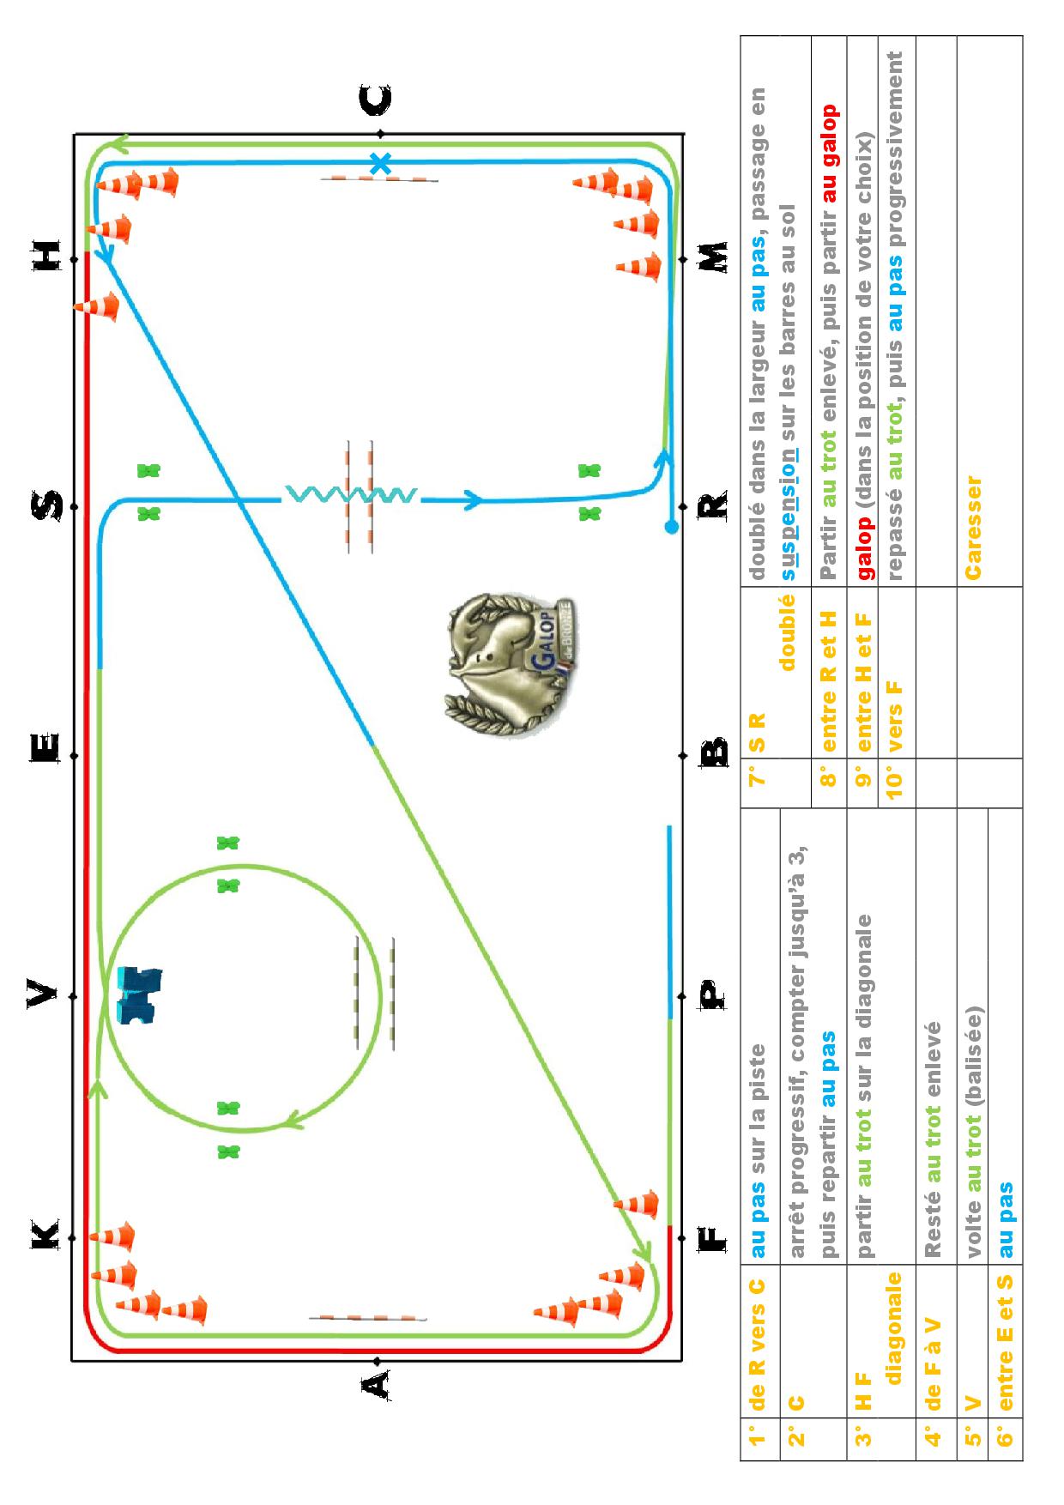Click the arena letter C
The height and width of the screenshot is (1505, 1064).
point(376,100)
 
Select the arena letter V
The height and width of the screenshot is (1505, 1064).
point(43,996)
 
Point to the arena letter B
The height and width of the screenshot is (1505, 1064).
point(714,752)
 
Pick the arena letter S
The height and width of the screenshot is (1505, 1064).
point(45,505)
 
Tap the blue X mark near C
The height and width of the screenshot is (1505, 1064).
point(380,163)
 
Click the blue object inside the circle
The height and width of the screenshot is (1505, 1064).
point(138,995)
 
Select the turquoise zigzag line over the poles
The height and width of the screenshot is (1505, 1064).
point(350,495)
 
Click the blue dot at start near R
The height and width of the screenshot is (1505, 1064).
point(671,527)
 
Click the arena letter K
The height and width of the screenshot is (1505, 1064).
point(45,1235)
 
